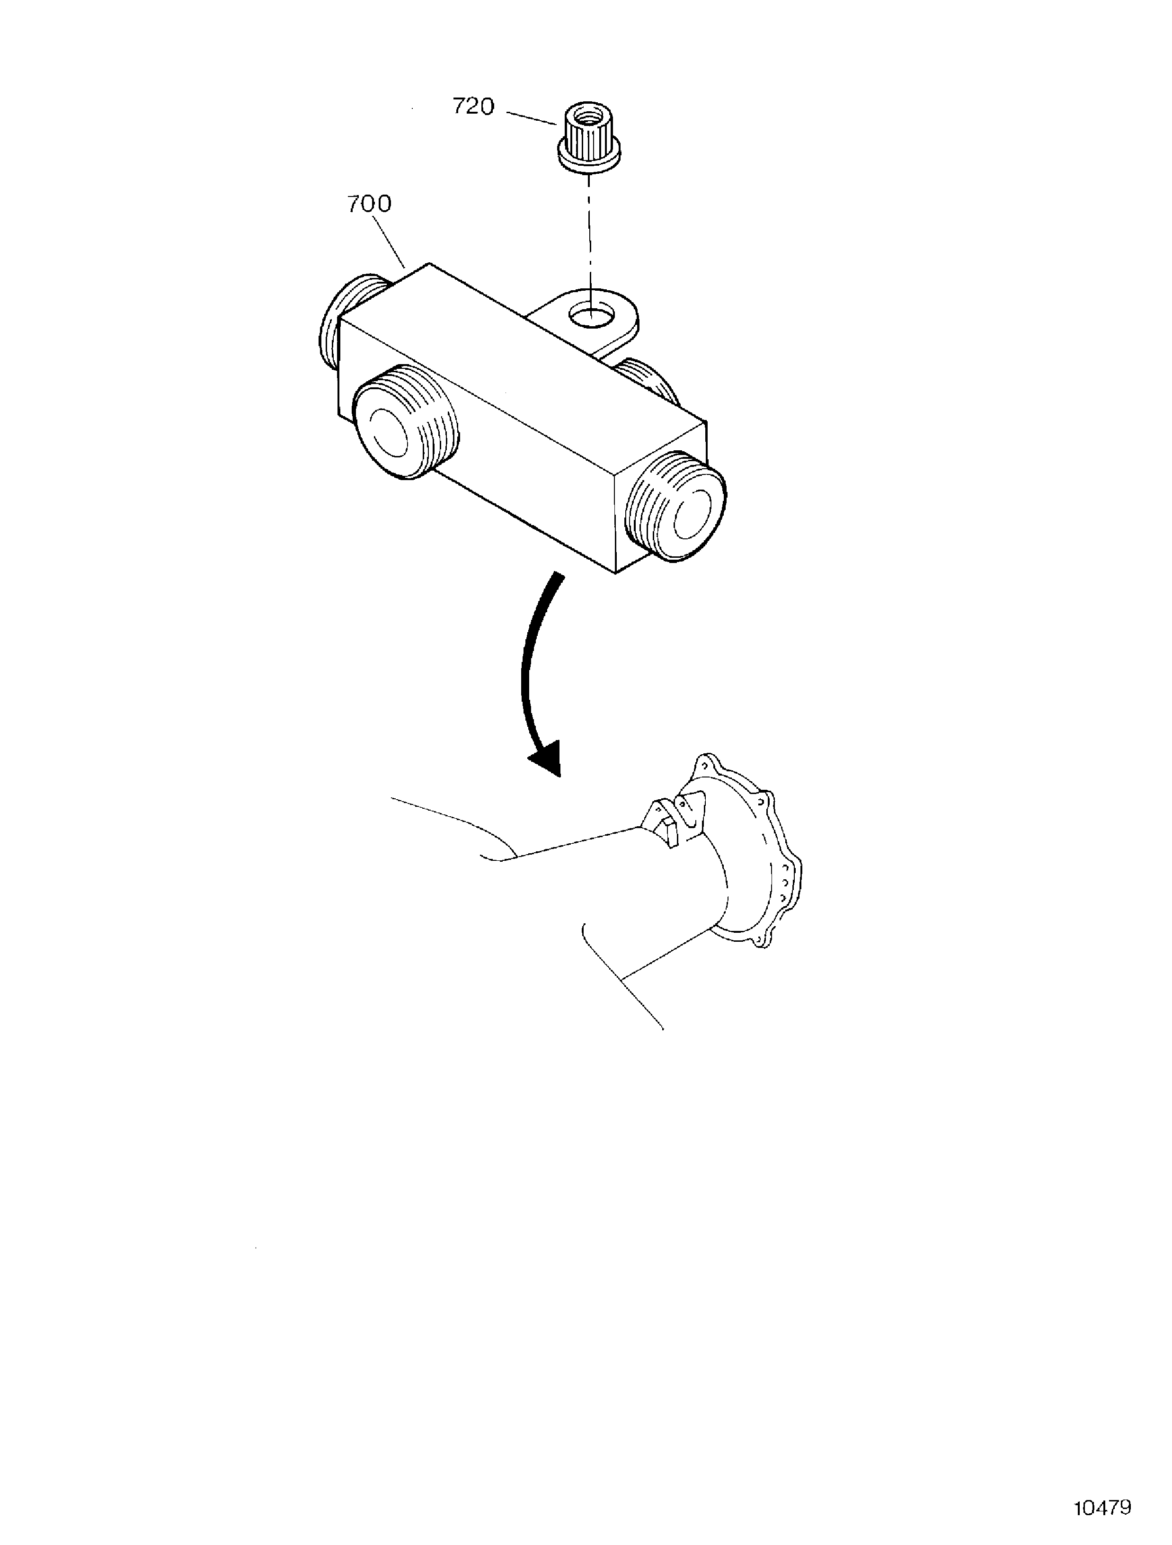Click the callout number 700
point(370,204)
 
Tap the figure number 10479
point(1102,1508)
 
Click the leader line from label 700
point(390,242)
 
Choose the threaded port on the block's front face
point(405,422)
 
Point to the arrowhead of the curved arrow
point(548,758)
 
